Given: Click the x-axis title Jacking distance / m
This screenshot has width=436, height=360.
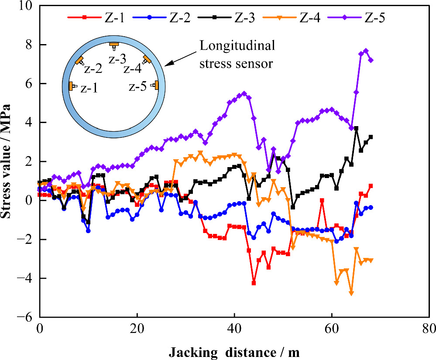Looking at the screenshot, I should click(x=234, y=351).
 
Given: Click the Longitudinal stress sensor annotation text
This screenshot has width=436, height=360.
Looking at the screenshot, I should click(x=237, y=55).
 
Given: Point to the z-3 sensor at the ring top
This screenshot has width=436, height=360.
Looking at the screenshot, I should click(x=114, y=45).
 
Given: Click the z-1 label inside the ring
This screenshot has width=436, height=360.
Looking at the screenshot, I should click(x=89, y=89).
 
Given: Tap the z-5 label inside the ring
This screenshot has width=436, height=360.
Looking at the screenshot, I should click(x=138, y=87).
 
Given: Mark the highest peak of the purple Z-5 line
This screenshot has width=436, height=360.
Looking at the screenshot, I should click(x=366, y=51).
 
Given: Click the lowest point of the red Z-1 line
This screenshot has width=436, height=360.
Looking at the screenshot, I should click(x=254, y=283).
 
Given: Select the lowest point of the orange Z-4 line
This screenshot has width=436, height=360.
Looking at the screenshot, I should click(x=351, y=293).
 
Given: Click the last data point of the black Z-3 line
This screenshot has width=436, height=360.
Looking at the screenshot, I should click(x=371, y=137).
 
